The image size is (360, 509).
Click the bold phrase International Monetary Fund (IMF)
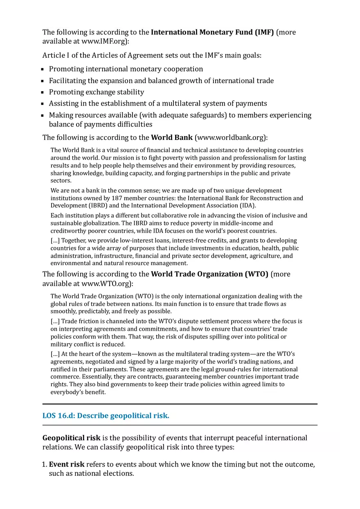tap(212, 32)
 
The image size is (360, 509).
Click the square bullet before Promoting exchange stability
tap(43, 92)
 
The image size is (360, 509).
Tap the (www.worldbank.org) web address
tap(231, 137)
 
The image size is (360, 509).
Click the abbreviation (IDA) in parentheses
tap(247, 206)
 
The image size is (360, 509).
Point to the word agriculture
tap(263, 256)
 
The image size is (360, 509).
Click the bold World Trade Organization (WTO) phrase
tap(209, 274)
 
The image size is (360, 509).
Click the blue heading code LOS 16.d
tap(59, 416)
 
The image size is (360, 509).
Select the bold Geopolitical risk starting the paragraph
tap(72, 438)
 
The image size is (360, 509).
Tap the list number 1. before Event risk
tap(45, 465)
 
